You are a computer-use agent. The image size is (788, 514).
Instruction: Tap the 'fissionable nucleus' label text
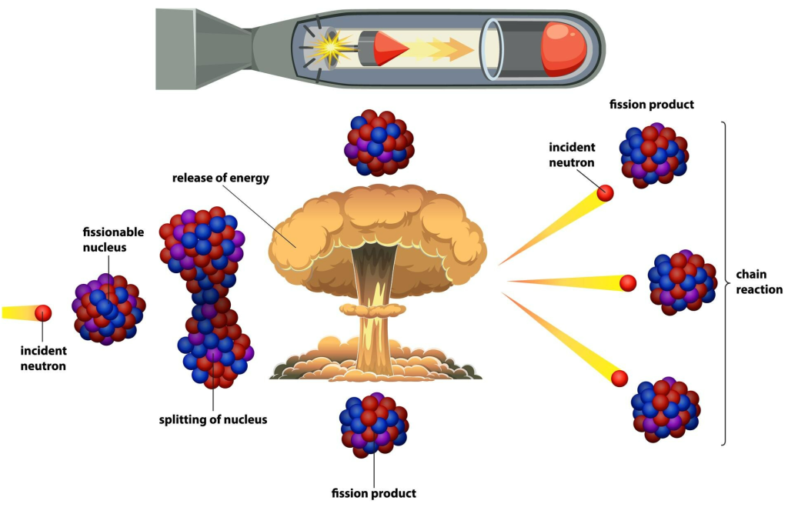pos(105,239)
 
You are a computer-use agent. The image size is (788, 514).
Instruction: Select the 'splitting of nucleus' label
pos(212,420)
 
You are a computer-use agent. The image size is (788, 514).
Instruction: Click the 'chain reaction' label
pos(759,282)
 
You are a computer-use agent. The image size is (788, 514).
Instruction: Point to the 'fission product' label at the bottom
pos(373,493)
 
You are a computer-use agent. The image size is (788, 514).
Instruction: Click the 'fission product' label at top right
pos(651,105)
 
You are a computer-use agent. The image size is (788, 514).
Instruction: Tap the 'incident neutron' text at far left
pos(43,359)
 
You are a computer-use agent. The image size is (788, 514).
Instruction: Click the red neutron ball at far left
pos(43,313)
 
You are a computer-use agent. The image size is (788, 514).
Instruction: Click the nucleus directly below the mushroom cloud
pos(374,422)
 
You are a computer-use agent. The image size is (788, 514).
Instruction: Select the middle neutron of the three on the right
pos(628,282)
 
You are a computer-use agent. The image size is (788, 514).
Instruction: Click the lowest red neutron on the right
pos(619,378)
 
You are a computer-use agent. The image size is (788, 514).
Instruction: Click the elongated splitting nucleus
pos(205,296)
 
